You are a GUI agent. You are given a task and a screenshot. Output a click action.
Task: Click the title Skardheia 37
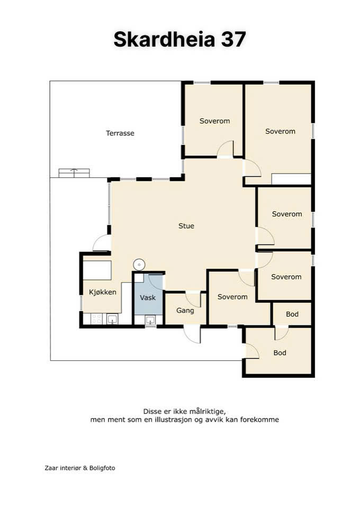179,39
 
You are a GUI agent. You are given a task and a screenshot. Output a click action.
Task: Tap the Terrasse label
120,133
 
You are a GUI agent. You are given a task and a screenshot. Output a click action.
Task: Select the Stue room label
186,226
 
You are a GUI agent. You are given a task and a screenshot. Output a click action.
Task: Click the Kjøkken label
102,292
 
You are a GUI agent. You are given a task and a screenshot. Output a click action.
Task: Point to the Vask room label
148,297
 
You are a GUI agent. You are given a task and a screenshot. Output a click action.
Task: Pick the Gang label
185,311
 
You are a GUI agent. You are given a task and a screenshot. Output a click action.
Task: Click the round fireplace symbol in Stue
139,265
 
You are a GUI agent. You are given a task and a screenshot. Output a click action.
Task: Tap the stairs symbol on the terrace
74,173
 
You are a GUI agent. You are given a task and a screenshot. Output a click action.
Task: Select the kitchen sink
112,319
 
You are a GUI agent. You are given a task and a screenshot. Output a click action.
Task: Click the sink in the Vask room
150,320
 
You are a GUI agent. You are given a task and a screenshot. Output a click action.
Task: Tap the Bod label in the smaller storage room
292,314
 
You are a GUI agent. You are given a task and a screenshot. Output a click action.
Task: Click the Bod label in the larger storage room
280,353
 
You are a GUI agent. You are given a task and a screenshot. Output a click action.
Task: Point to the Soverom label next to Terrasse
214,121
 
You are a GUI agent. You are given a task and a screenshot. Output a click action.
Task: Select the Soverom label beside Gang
232,297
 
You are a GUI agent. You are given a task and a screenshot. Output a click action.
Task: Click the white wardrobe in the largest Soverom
291,179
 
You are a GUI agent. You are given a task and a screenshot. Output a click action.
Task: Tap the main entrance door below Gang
192,334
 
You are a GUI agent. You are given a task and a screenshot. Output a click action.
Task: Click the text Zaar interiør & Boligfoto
80,468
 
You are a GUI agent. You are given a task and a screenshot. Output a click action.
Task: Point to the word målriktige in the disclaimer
208,412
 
